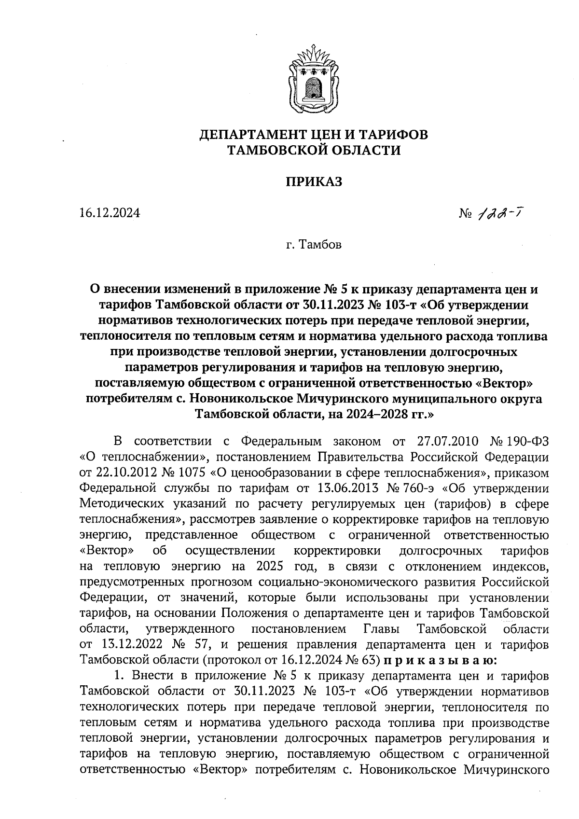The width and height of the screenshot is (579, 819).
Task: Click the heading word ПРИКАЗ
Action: (x=314, y=181)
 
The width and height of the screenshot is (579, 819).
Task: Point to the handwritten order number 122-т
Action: (x=498, y=212)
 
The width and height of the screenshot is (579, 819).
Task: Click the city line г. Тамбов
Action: (x=314, y=245)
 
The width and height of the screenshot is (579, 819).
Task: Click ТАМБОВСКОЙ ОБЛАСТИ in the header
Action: (x=314, y=151)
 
